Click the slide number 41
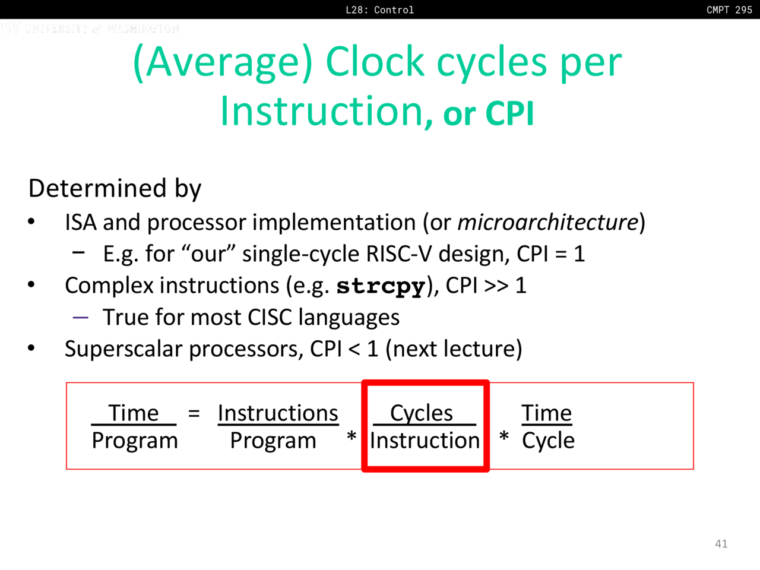(721, 544)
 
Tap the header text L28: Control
(379, 9)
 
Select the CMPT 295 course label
(729, 9)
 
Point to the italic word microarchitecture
(548, 222)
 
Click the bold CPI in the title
(509, 113)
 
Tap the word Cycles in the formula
(422, 413)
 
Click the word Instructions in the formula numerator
(278, 413)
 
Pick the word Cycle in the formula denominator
(548, 441)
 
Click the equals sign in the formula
(194, 413)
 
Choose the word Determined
(97, 188)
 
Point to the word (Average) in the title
(223, 63)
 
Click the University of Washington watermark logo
(90, 28)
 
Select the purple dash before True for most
(80, 317)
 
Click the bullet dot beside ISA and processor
(31, 222)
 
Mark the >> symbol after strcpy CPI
(496, 286)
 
